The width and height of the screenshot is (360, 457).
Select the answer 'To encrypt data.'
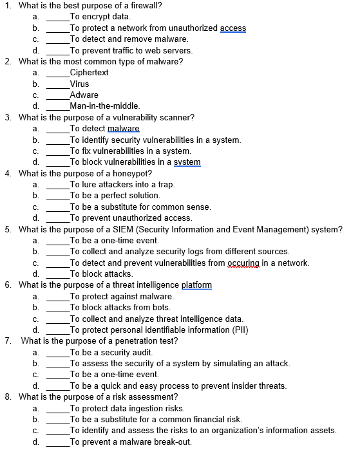click(x=100, y=17)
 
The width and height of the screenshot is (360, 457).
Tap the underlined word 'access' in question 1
click(x=232, y=28)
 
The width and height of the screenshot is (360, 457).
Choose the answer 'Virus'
click(x=79, y=84)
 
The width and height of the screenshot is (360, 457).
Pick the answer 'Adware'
click(x=84, y=95)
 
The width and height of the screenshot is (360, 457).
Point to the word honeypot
click(x=132, y=174)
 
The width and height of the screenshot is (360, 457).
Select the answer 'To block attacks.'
click(x=101, y=274)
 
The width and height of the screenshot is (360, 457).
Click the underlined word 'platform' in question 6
click(x=196, y=285)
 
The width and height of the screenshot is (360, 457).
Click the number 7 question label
click(x=8, y=341)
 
